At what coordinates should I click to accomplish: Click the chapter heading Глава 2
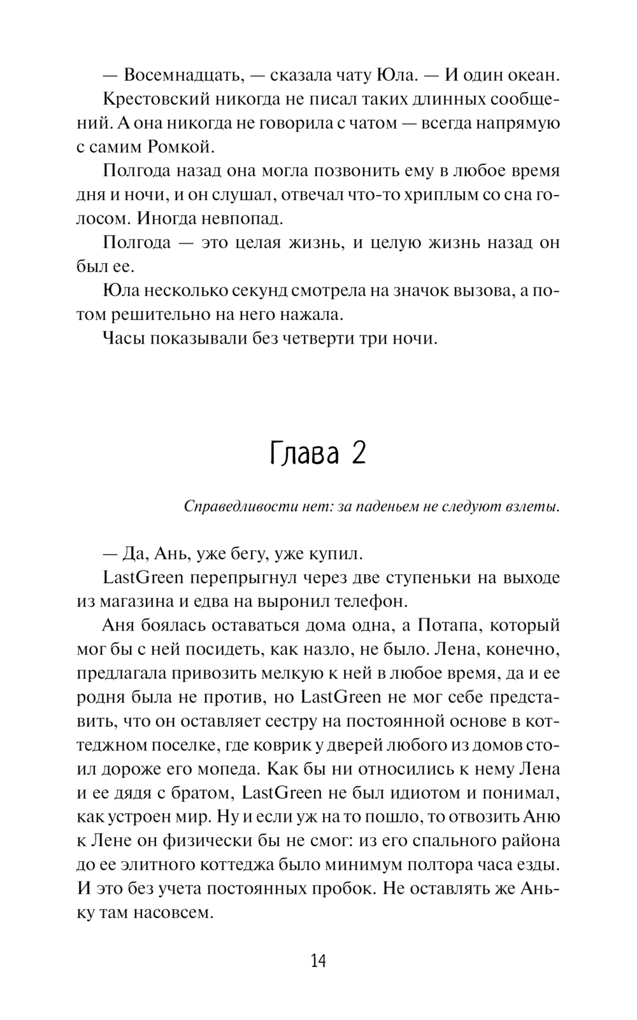[x=318, y=453]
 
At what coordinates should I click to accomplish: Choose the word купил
[x=334, y=553]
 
